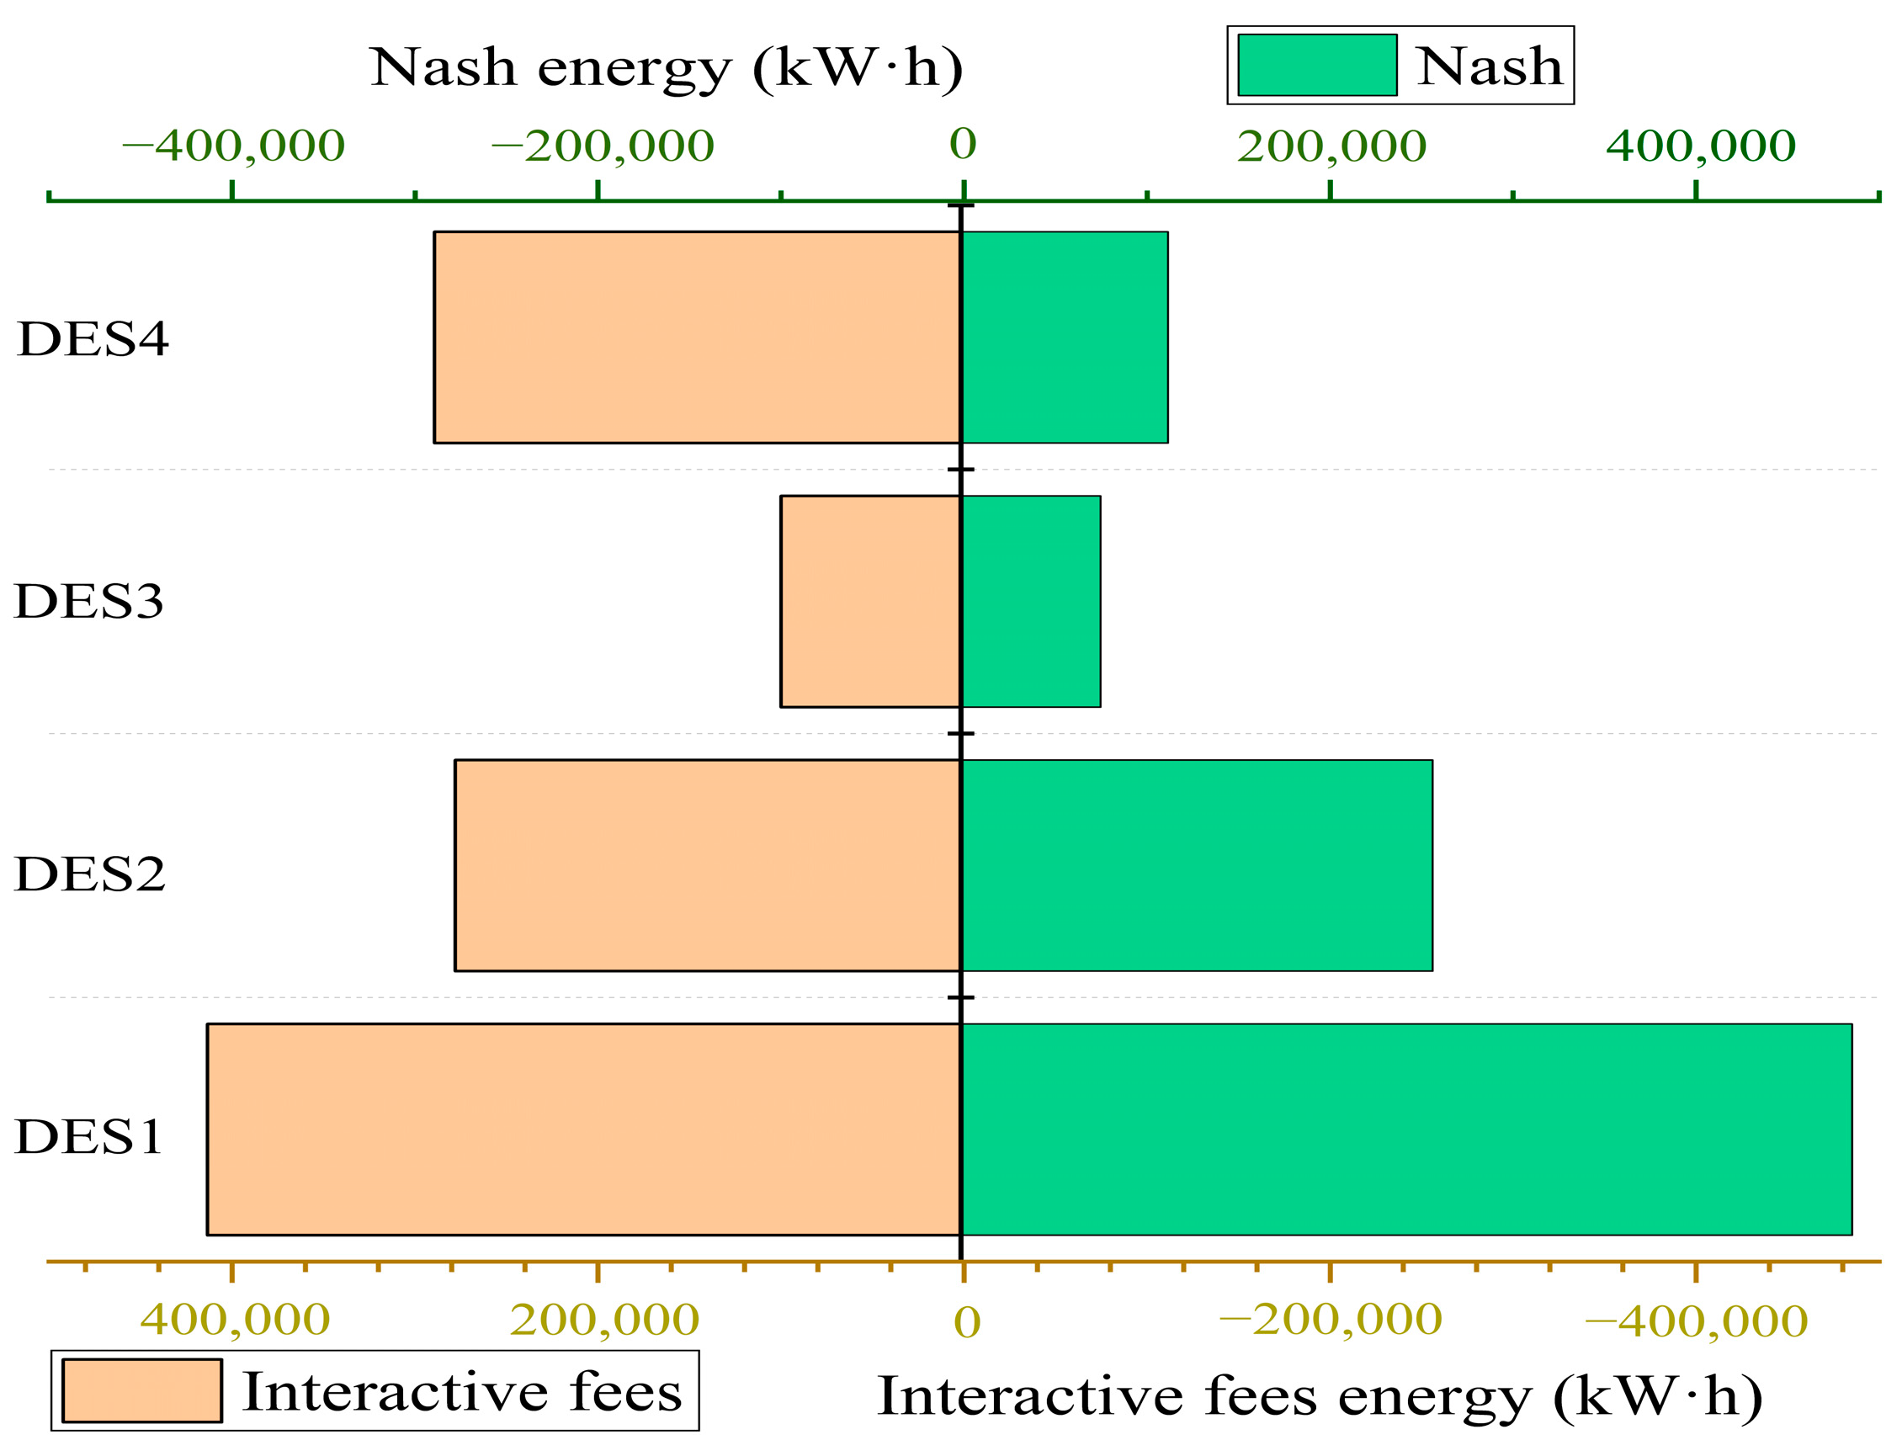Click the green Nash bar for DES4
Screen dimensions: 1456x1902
tap(1064, 337)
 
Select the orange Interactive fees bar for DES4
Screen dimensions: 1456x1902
tap(697, 337)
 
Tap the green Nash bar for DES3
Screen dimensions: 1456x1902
tap(1030, 602)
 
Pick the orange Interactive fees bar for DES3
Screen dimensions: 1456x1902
tap(870, 602)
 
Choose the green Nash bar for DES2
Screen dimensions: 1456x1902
tap(1196, 866)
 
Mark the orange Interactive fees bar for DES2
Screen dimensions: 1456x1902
tap(707, 866)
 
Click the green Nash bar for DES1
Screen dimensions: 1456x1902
tap(1405, 1129)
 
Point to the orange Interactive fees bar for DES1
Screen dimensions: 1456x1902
tap(583, 1129)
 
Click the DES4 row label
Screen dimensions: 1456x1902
tap(93, 339)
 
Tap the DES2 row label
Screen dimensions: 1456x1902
tap(89, 874)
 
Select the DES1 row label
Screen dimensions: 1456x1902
tap(88, 1137)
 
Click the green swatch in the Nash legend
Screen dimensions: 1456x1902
tap(1316, 65)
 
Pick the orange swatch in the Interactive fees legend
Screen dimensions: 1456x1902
tap(142, 1391)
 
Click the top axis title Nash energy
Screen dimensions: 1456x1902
tap(666, 66)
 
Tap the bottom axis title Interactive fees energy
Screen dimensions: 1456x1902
tap(1319, 1396)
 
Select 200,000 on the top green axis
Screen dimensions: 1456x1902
tap(1331, 146)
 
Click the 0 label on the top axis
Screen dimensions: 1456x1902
tap(963, 144)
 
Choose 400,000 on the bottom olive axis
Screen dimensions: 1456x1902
tap(235, 1320)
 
